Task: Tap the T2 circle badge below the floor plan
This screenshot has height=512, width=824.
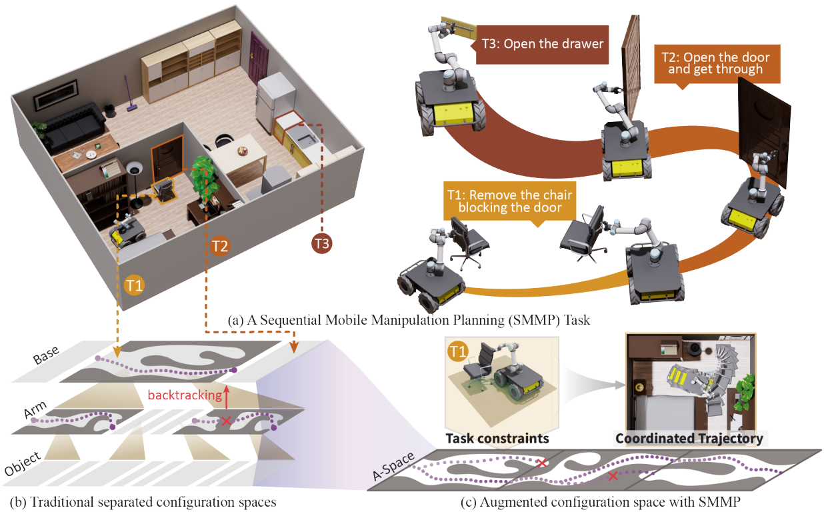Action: tap(220, 246)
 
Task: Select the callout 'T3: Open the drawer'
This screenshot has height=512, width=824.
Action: tap(542, 45)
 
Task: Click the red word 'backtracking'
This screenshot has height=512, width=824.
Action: tap(185, 395)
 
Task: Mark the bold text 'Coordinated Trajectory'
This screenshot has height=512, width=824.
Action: tap(689, 439)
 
